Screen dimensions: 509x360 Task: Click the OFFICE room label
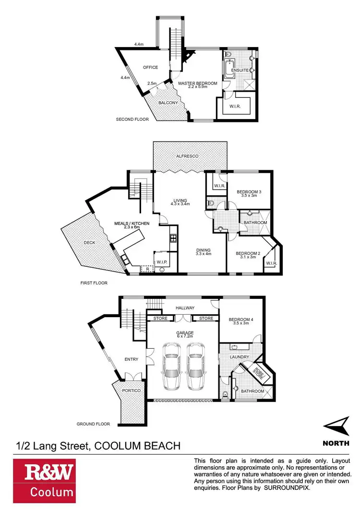150,68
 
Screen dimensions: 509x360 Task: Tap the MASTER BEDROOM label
198,83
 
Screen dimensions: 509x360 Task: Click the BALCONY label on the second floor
168,103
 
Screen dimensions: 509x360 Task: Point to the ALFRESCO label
187,156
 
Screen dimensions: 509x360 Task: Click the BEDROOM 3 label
249,192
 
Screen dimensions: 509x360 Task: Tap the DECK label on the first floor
89,243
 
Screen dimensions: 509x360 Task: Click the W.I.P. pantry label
161,262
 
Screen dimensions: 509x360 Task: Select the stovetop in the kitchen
173,238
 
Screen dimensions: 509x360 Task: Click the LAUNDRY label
239,357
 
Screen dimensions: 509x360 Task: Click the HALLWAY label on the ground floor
184,308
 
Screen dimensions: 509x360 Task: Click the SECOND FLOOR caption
132,119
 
